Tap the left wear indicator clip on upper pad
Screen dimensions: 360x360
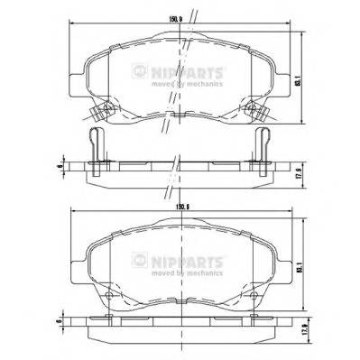click(x=101, y=111)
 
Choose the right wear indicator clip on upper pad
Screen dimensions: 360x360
click(x=259, y=111)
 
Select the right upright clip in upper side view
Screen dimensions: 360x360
click(x=262, y=147)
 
